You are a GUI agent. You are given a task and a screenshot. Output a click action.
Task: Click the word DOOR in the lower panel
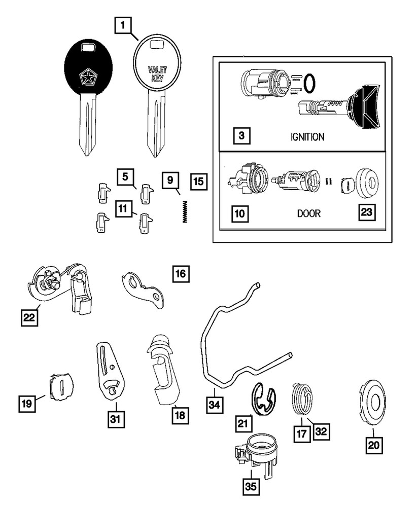[x=308, y=213]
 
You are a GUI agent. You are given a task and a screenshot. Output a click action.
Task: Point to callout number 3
[x=242, y=136]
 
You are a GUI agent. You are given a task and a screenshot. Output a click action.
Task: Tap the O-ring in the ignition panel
[x=314, y=81]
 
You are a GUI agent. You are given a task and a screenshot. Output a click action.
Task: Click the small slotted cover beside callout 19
[x=62, y=386]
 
